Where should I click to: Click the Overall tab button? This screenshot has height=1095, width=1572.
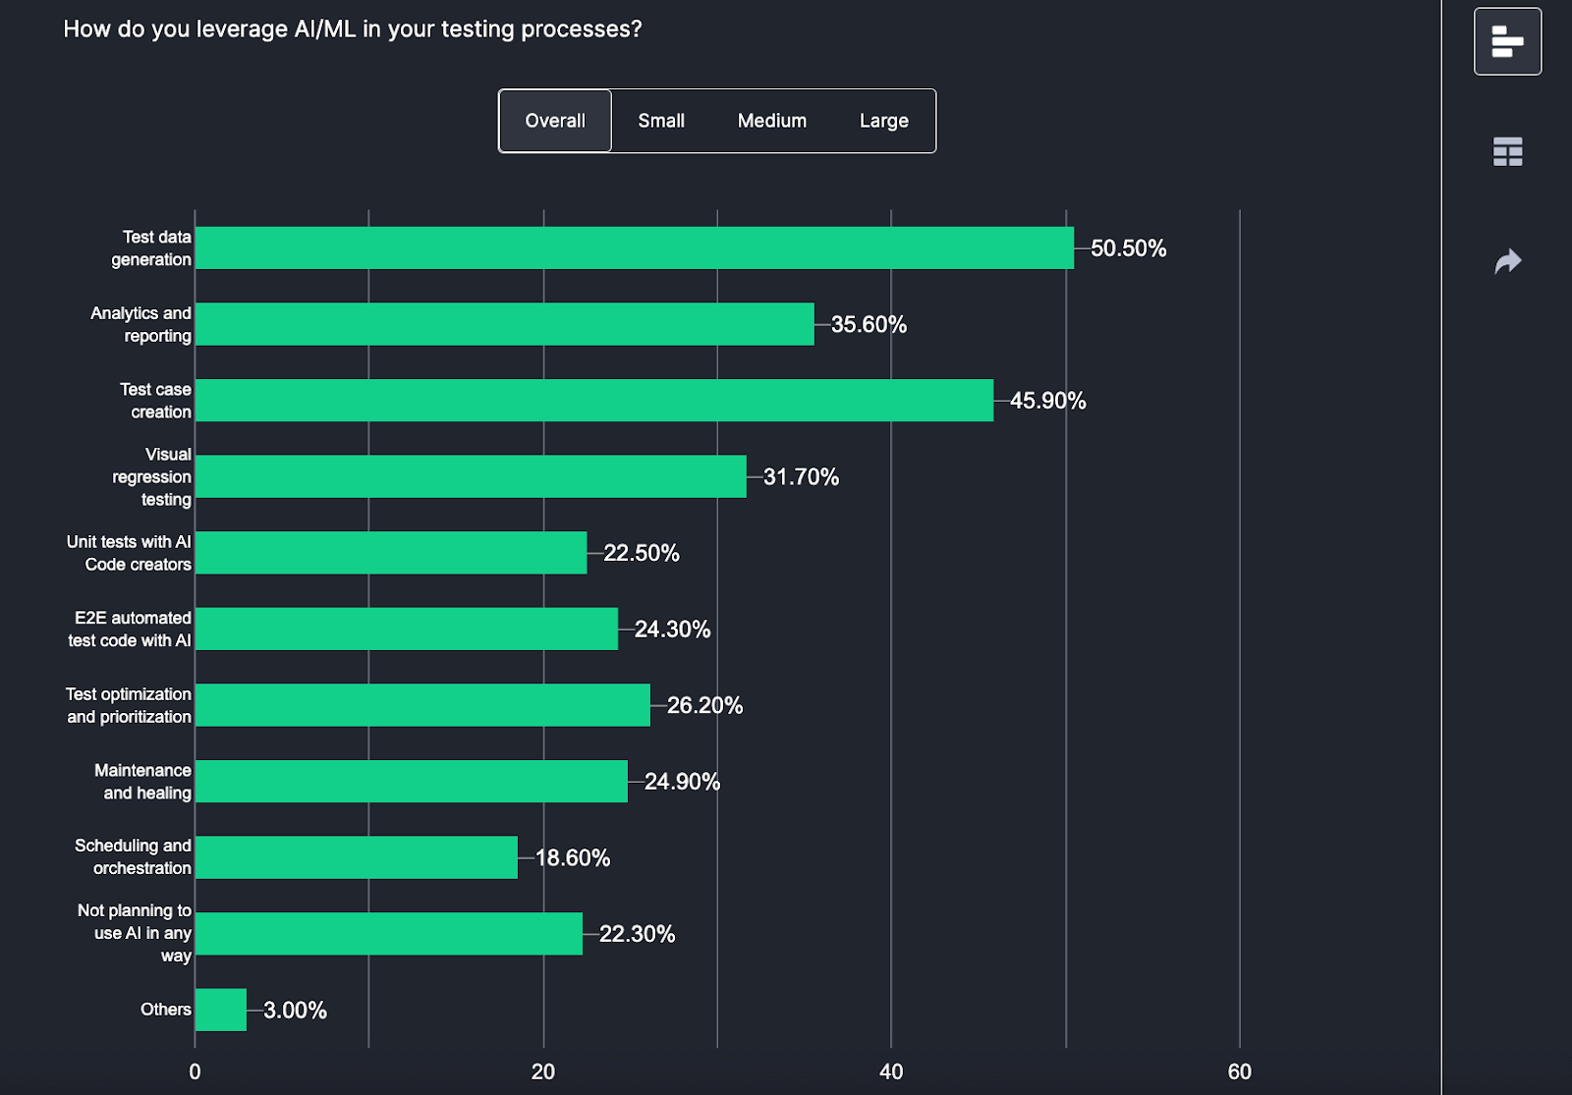point(555,121)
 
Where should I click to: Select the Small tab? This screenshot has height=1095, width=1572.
point(661,121)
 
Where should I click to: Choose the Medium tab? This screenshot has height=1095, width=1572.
point(772,121)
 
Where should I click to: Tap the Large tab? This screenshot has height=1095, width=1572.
point(883,121)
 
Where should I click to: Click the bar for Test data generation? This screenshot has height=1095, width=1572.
point(634,248)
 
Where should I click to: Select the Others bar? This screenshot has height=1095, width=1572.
point(221,1010)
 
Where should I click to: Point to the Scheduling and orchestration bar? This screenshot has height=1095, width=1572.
point(356,857)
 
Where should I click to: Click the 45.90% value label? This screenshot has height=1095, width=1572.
point(1047,401)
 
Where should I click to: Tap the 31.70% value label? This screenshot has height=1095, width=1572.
point(801,477)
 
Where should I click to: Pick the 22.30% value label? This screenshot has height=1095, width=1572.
point(637,934)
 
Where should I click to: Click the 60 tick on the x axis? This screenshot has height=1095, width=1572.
point(1239,1071)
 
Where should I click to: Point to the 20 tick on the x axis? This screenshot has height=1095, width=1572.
point(543,1071)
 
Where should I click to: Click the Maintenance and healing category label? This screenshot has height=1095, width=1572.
point(142,782)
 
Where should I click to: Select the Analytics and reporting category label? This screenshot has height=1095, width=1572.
point(140,324)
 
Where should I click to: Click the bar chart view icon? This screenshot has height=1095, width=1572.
point(1507,41)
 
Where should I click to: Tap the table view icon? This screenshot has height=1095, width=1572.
point(1507,151)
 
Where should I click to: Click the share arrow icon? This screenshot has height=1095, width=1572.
point(1507,261)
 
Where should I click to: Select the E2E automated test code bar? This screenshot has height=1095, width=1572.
point(406,629)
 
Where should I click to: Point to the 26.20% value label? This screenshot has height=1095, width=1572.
point(704,705)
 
